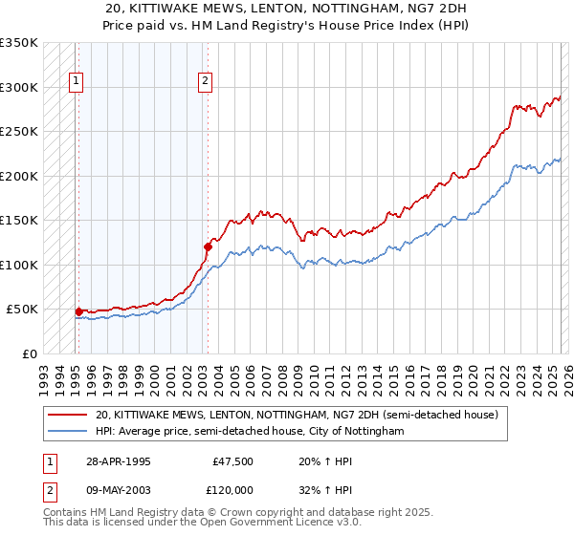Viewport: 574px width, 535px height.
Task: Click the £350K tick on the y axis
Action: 19,43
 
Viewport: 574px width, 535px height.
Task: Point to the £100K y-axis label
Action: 19,265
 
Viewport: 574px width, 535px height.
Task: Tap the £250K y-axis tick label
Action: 19,132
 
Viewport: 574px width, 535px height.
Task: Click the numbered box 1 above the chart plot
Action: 76,82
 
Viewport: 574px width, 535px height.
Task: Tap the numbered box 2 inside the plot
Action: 205,82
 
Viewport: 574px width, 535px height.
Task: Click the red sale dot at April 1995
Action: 78,311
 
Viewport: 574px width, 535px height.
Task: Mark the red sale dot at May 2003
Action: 207,246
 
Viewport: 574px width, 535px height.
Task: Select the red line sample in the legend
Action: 67,416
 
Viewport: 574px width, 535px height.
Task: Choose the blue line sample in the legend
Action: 67,432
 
